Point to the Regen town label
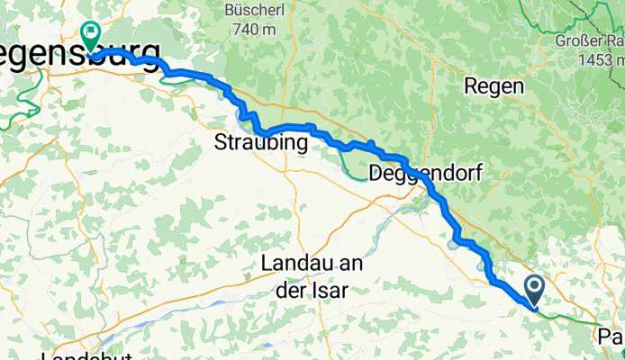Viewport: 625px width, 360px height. [494, 86]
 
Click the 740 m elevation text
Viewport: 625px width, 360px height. [252, 30]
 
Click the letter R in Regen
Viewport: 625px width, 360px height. [470, 86]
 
